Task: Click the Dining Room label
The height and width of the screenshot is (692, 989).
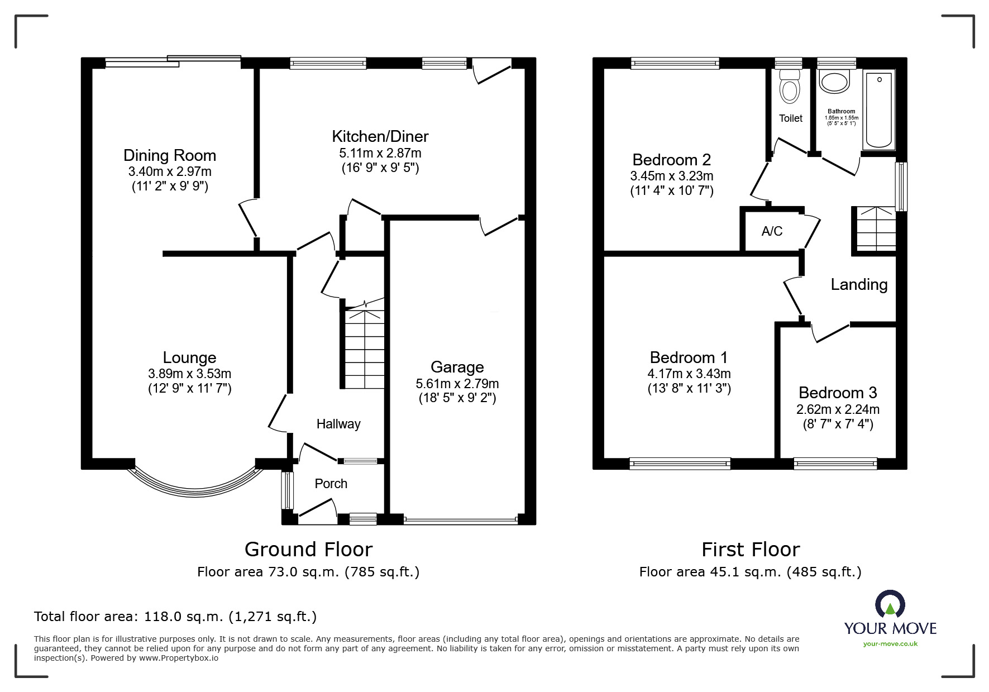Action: pyautogui.click(x=169, y=155)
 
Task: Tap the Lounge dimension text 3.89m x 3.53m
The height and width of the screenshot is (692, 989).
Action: pyautogui.click(x=189, y=374)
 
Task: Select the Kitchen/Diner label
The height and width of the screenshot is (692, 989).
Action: pyautogui.click(x=380, y=136)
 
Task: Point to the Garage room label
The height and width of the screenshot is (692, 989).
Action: pyautogui.click(x=457, y=367)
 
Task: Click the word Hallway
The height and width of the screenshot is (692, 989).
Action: pyautogui.click(x=338, y=424)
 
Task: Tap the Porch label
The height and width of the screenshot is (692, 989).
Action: pyautogui.click(x=331, y=484)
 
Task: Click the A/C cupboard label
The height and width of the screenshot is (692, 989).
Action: pyautogui.click(x=772, y=231)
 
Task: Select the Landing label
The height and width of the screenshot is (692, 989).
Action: pyautogui.click(x=859, y=285)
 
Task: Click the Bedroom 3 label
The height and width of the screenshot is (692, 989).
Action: pyautogui.click(x=838, y=393)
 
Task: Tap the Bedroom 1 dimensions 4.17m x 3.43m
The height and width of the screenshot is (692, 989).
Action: pyautogui.click(x=689, y=374)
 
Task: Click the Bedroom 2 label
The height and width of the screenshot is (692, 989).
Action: pyautogui.click(x=671, y=160)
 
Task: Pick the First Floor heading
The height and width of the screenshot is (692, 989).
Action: pyautogui.click(x=750, y=550)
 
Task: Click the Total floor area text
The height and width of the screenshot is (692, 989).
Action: pyautogui.click(x=175, y=617)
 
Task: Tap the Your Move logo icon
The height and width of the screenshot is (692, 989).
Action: pyautogui.click(x=890, y=605)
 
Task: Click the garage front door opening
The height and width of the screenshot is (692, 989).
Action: pyautogui.click(x=460, y=521)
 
